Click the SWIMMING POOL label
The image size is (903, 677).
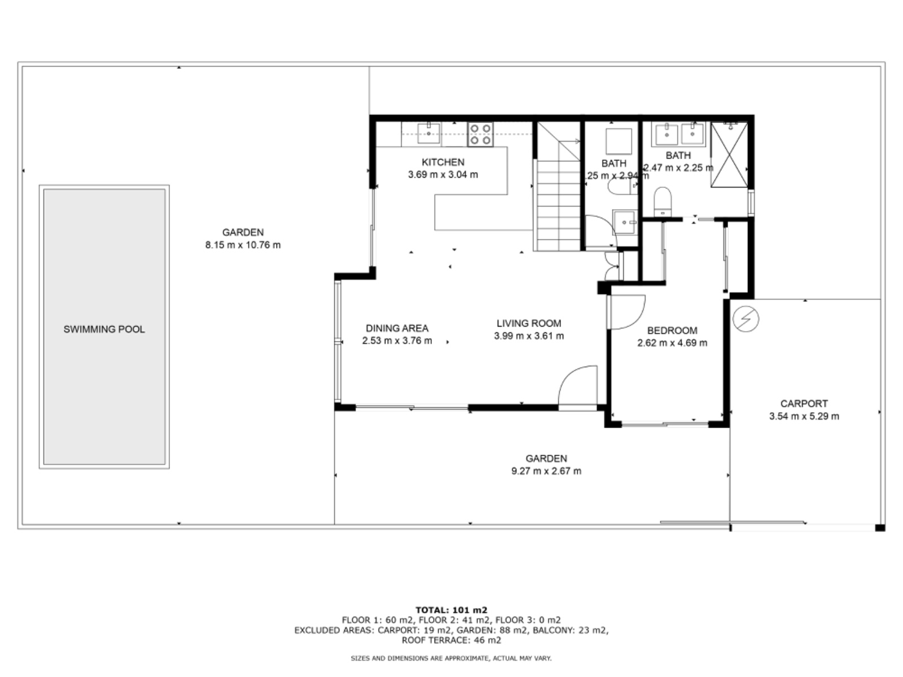[x=104, y=329]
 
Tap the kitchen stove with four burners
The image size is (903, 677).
[x=480, y=134]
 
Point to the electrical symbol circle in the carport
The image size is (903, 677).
[x=746, y=319]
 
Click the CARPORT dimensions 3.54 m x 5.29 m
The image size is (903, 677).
[x=804, y=416]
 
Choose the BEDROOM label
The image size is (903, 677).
[x=672, y=331]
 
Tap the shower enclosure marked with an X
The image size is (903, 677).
[x=729, y=154]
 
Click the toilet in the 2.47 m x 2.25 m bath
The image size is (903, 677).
[x=663, y=200]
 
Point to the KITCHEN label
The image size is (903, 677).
[x=443, y=162]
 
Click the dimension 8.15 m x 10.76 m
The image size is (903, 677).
[x=243, y=245]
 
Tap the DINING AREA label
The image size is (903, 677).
[x=397, y=328]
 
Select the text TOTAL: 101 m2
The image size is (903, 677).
[x=451, y=610]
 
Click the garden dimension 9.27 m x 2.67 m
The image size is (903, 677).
[x=546, y=471]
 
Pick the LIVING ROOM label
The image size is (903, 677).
[x=529, y=323]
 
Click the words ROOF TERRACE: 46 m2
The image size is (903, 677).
[x=451, y=640]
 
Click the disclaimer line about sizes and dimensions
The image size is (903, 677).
[x=451, y=658]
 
